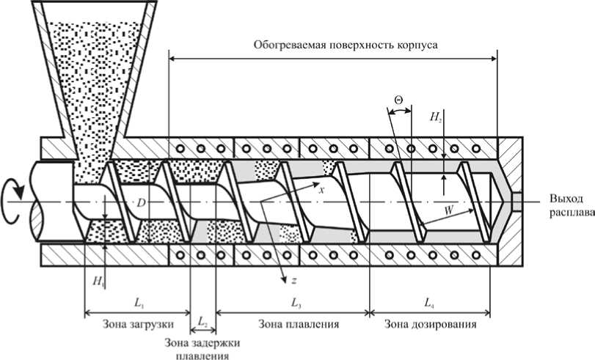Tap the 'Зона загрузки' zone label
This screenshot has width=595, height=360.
click(x=126, y=323)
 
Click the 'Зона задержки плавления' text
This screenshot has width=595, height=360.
click(x=202, y=348)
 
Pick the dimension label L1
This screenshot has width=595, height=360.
click(x=139, y=301)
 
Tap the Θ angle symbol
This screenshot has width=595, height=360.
click(x=398, y=98)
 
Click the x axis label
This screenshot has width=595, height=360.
click(x=321, y=189)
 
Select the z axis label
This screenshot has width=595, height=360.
click(x=293, y=279)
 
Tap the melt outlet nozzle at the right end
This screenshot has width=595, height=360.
click(x=516, y=199)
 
